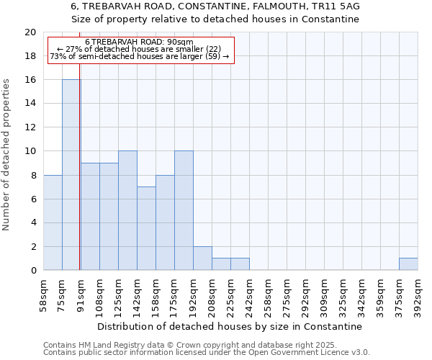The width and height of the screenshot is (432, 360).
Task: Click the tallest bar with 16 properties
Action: coord(71,174)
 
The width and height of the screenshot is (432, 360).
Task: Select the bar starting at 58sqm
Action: coord(53,222)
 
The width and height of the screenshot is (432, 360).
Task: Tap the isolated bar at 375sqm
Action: coord(408,264)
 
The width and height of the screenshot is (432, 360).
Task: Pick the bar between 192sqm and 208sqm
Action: coord(202,258)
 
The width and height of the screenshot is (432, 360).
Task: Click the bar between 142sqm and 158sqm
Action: coord(146,228)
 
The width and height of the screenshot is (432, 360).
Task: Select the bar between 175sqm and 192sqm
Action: coord(184,210)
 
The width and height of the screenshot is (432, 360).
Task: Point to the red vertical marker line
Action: coord(79,180)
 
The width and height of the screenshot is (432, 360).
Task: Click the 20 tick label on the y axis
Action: coord(30,32)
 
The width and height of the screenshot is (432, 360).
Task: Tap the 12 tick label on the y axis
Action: coord(30,127)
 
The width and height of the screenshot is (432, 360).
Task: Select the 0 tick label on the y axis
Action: coord(32,270)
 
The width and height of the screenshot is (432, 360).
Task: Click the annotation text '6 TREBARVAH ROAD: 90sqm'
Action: coord(139,42)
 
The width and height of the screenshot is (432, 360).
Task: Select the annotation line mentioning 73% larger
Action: coord(140,56)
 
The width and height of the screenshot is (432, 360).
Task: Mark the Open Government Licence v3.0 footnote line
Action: coord(207,353)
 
